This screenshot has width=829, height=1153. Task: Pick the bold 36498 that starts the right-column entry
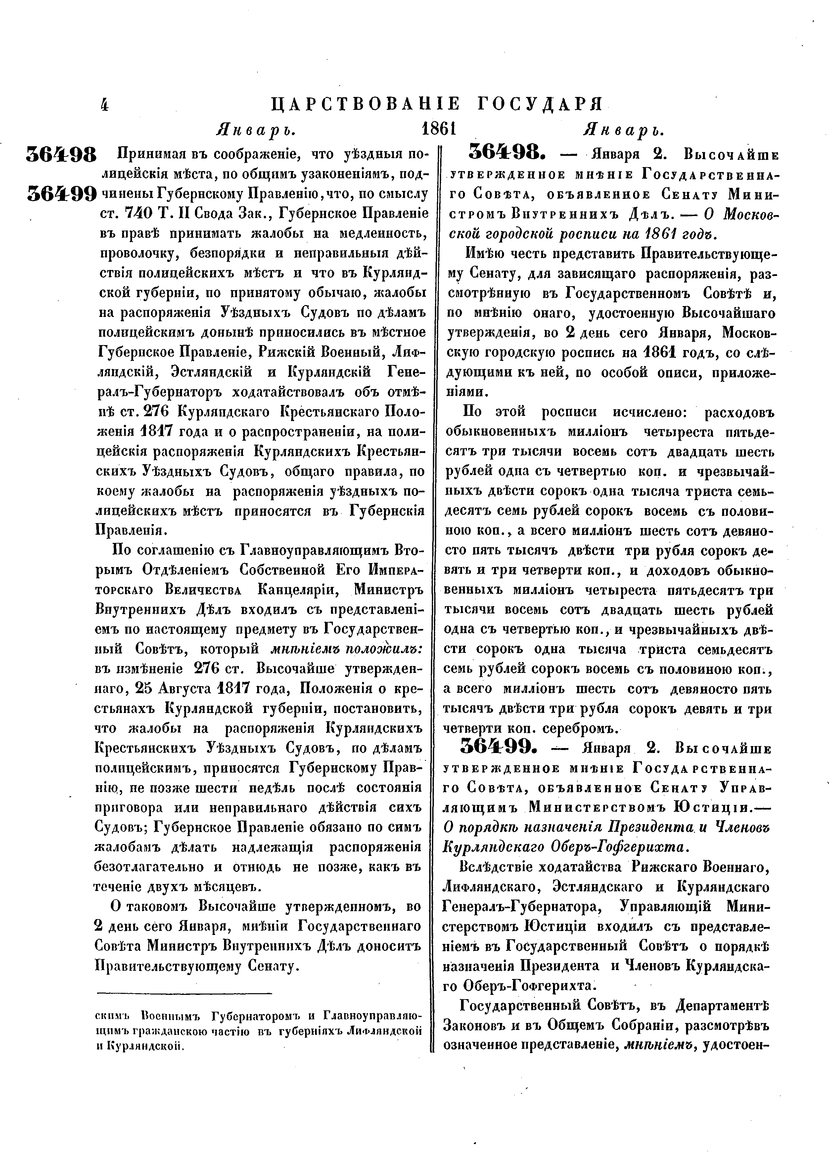click(x=503, y=152)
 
